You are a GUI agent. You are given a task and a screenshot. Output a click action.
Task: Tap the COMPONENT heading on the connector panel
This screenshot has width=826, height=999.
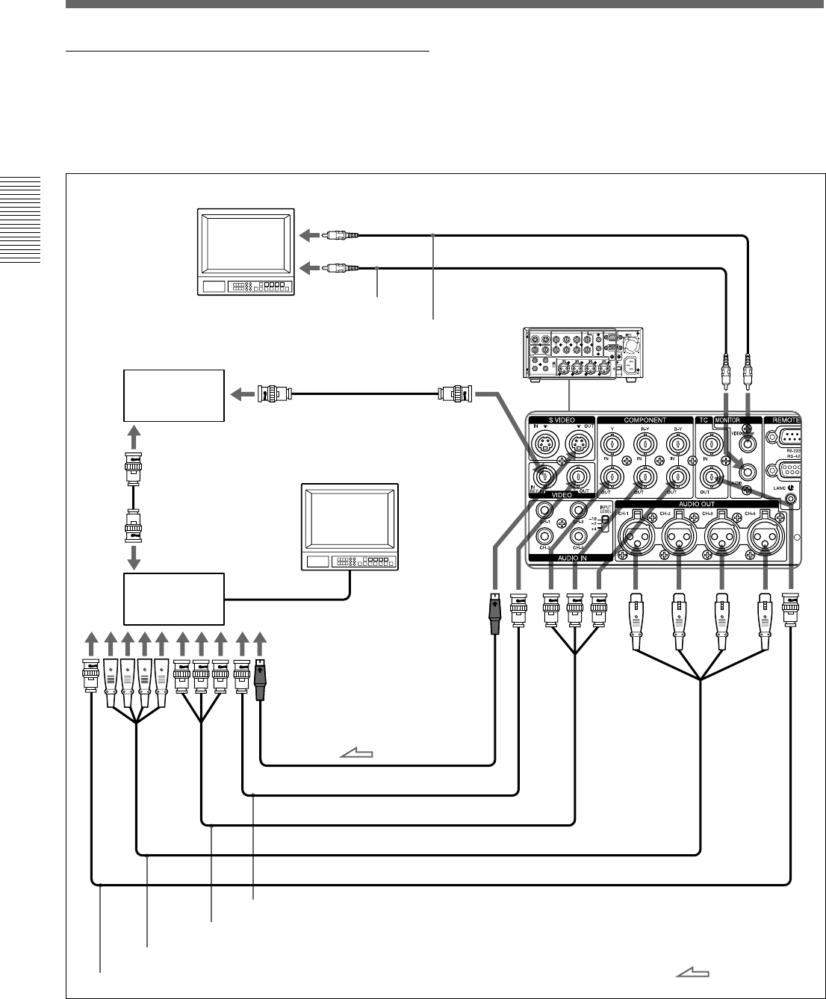tap(645, 420)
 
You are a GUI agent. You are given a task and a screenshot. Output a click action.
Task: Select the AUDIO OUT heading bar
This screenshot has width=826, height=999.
tap(697, 504)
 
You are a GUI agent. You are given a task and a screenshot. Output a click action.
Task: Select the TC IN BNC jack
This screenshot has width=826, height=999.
tap(708, 445)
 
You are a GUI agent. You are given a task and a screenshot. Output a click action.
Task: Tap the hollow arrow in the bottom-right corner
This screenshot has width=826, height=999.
tap(692, 971)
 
